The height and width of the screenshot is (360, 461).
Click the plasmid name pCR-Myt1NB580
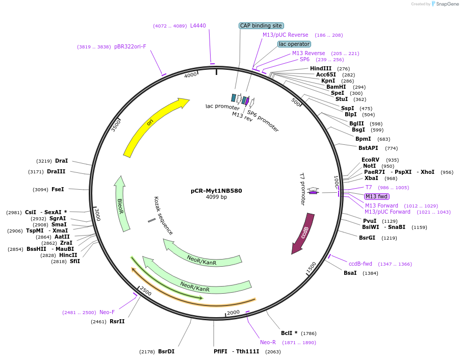point(216,191)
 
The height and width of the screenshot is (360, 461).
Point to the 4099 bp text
point(216,197)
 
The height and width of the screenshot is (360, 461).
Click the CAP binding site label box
point(261,25)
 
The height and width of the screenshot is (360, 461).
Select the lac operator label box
point(294,44)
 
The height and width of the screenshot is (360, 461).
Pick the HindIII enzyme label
point(321,68)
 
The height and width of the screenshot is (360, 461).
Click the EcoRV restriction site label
point(371,160)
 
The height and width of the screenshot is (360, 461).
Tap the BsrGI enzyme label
point(367,238)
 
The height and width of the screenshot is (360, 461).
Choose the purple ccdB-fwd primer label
point(361,264)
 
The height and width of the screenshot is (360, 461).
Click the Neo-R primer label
point(268,342)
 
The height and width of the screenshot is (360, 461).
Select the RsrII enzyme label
point(117,321)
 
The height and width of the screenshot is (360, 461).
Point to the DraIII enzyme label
point(56,171)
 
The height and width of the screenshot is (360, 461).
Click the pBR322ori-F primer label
point(130,46)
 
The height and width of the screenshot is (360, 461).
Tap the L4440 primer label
point(198,25)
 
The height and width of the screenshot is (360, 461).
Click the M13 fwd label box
point(377,196)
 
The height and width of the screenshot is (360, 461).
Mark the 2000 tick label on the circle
point(233,312)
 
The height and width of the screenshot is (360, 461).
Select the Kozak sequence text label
point(163,216)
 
